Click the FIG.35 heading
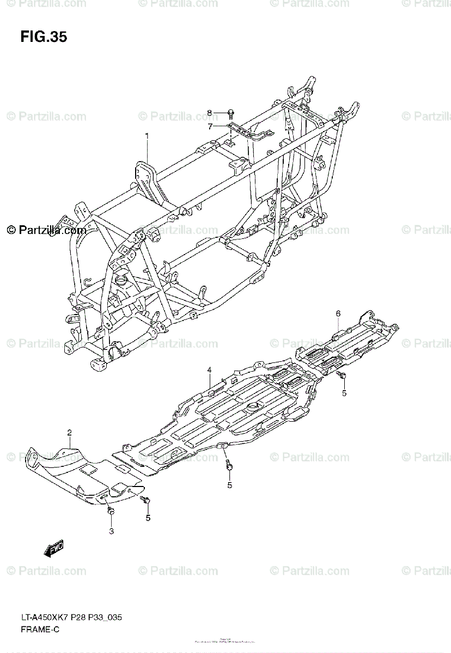(44, 37)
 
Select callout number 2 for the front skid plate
(70, 433)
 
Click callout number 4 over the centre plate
(209, 371)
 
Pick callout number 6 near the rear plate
(338, 313)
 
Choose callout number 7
(209, 127)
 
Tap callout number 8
(209, 113)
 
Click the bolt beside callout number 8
(231, 114)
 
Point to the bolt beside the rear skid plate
(342, 375)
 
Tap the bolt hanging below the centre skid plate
(229, 466)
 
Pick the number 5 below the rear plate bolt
(344, 393)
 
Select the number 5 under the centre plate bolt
(229, 485)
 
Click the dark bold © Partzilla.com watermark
(47, 230)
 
